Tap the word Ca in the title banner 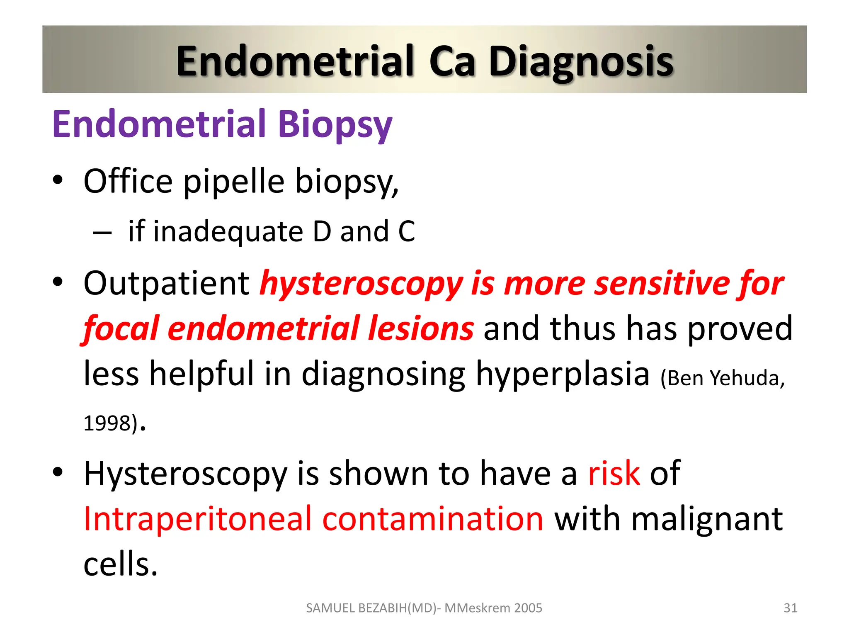(x=451, y=61)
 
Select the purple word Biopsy (x=335, y=124)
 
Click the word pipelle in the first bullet (x=234, y=182)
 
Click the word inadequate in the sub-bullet (x=228, y=231)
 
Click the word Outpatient (x=166, y=283)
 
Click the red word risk (x=614, y=473)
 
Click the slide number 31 (x=790, y=608)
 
